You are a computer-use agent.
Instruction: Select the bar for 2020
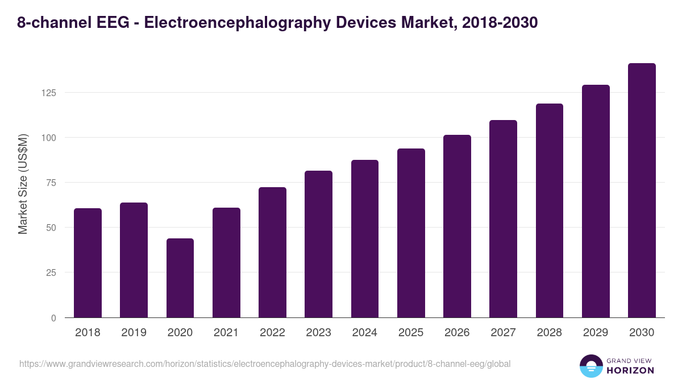[x=180, y=278]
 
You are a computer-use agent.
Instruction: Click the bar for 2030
[x=642, y=191]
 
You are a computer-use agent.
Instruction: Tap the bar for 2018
[x=88, y=263]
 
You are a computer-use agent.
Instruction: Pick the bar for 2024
[x=365, y=239]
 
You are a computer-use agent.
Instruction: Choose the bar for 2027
[x=503, y=219]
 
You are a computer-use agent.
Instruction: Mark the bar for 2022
[x=272, y=253]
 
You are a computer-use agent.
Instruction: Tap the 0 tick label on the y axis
[x=53, y=318]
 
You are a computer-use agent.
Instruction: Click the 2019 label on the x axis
[x=134, y=333]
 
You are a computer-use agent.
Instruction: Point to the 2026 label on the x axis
[x=457, y=333]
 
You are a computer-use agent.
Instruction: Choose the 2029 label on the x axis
[x=596, y=333]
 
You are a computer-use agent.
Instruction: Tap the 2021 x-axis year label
[x=226, y=333]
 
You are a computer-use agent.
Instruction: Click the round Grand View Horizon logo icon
[x=590, y=366]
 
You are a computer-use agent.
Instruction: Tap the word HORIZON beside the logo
[x=631, y=370]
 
